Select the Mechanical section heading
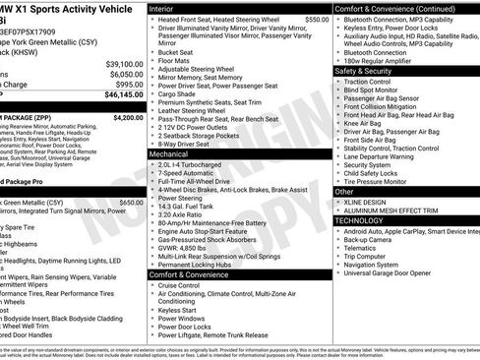(x=175, y=154)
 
